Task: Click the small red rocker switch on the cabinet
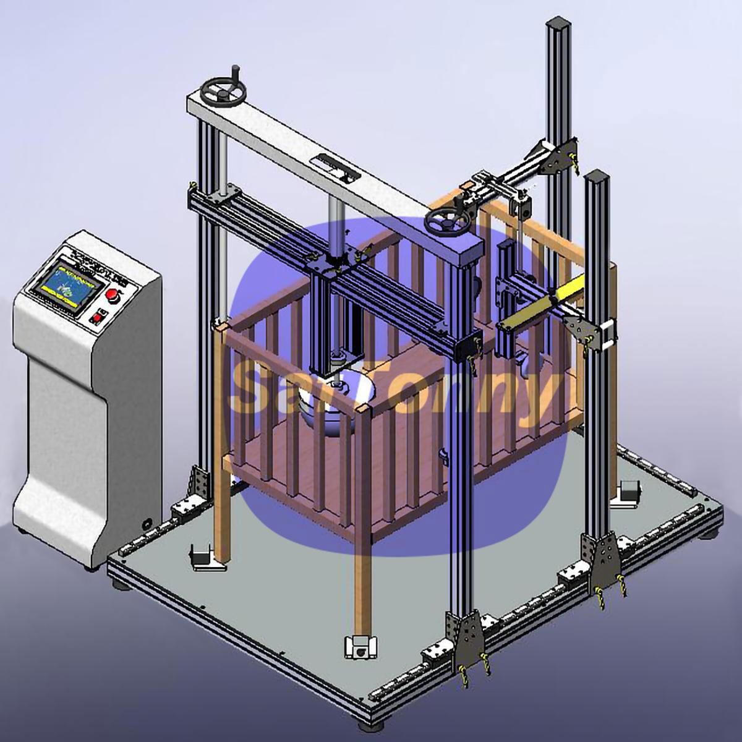96,319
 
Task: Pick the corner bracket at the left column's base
199,482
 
